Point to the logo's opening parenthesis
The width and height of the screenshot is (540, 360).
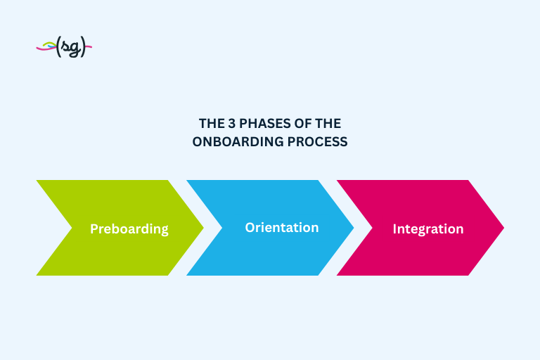click(x=58, y=48)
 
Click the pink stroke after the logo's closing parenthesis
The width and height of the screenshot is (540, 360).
click(x=89, y=47)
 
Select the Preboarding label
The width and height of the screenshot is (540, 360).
click(x=129, y=229)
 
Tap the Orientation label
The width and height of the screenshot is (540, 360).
click(x=281, y=228)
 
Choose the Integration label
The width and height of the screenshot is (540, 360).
click(x=427, y=229)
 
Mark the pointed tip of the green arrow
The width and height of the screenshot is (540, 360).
click(x=202, y=227)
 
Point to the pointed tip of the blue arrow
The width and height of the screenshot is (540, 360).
click(x=353, y=227)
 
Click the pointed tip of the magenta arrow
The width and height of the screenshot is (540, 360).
click(x=503, y=227)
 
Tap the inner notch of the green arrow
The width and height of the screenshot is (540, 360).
click(x=72, y=227)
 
